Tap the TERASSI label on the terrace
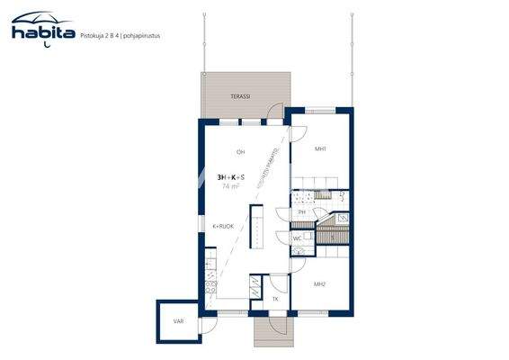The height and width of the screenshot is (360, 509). point(239,94)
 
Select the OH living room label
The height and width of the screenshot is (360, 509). point(240,151)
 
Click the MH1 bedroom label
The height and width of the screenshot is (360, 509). point(319,148)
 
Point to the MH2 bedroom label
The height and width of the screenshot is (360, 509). point(319,283)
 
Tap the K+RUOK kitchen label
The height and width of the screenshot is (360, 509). point(223,226)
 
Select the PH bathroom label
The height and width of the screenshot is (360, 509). point(302,212)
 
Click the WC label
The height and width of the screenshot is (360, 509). point(298,238)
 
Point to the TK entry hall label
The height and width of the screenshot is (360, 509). point(275,298)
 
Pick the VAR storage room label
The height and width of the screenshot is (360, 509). point(177,318)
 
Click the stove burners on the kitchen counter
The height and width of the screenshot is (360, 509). point(210,288)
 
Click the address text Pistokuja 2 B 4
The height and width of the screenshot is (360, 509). point(104,36)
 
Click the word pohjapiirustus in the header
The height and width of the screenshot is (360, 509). point(152,36)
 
